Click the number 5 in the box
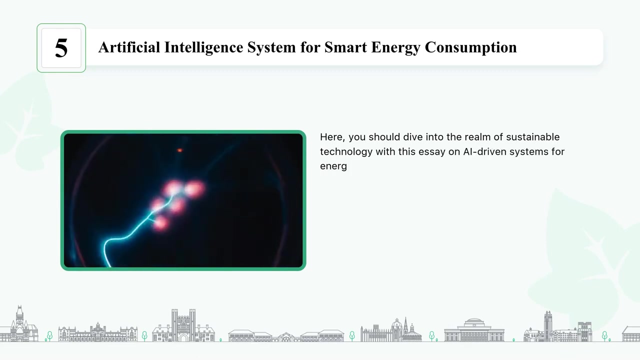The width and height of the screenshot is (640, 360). click(x=61, y=48)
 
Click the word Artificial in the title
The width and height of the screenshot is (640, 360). click(x=129, y=47)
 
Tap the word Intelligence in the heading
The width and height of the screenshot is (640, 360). click(x=203, y=47)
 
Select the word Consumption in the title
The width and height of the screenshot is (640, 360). click(x=470, y=47)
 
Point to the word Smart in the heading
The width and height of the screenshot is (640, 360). click(x=345, y=47)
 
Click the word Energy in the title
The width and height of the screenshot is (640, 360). click(x=395, y=47)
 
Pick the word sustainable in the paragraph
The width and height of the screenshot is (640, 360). click(x=533, y=137)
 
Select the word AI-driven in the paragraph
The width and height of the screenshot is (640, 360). click(x=484, y=151)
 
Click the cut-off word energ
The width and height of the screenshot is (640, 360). click(x=333, y=166)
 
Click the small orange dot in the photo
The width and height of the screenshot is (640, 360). click(x=179, y=150)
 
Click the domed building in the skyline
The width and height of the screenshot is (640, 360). click(x=474, y=330)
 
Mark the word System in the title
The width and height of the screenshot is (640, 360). click(x=271, y=47)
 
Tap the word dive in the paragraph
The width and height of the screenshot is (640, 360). click(x=413, y=137)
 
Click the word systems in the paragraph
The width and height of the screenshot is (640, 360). click(x=529, y=152)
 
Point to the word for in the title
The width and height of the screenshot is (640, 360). click(x=310, y=47)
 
